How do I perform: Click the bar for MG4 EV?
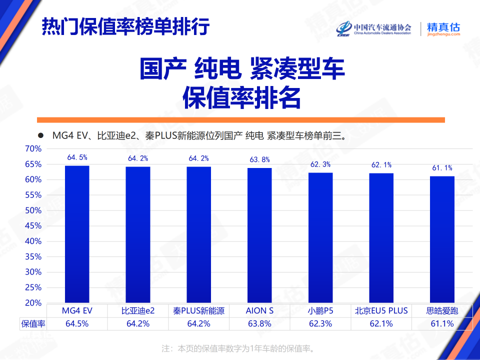[x=77, y=234]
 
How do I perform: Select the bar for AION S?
[x=260, y=235]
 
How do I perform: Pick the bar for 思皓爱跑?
[x=442, y=239]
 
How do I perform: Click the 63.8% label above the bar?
[x=259, y=159]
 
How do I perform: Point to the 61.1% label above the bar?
[x=442, y=168]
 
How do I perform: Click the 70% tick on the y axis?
[x=33, y=148]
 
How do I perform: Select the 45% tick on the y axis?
[x=33, y=226]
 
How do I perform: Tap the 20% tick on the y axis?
[x=33, y=303]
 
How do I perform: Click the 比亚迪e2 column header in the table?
[x=138, y=310]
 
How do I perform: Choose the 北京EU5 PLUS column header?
[x=381, y=310]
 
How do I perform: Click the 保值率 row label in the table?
[x=33, y=323]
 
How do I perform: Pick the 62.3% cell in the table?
[x=320, y=323]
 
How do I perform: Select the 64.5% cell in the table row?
[x=77, y=323]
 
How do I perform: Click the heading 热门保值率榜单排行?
[x=125, y=26]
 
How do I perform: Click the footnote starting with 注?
[x=240, y=348]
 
